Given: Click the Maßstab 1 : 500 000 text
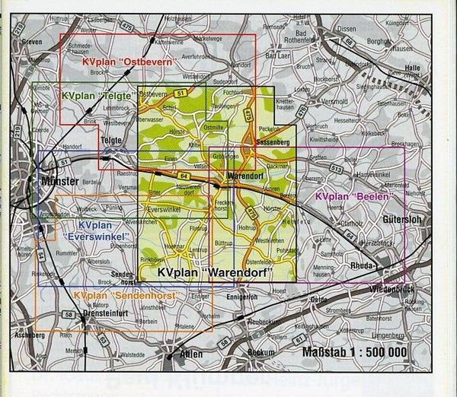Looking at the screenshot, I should click(x=354, y=351).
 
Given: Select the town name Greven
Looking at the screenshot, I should click(x=33, y=42).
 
